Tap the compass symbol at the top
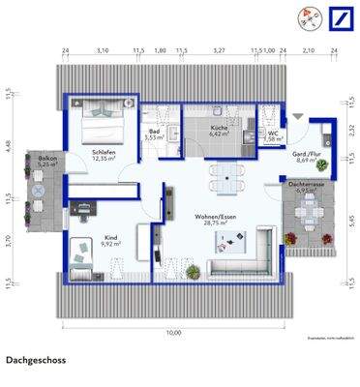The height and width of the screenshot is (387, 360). (x=310, y=16)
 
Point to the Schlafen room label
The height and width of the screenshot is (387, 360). (x=105, y=153)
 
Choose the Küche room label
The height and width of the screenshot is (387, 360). (x=219, y=129)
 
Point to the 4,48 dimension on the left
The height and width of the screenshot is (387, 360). (x=7, y=146)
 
